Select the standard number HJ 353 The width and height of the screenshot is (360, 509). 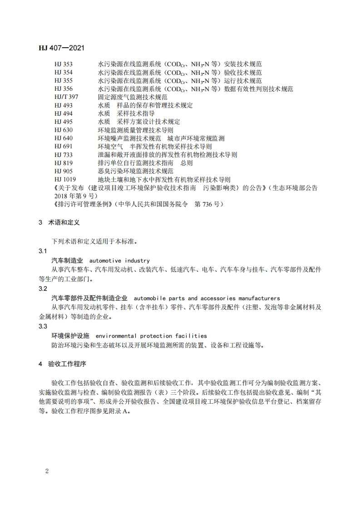[63, 64]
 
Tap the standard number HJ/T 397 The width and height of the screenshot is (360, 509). [66, 97]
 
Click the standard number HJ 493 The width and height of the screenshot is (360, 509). [63, 105]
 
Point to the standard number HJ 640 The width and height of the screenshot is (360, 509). [63, 138]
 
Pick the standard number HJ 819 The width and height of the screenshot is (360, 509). [63, 163]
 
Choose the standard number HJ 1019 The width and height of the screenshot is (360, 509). [65, 179]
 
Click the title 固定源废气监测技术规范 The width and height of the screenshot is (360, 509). [133, 97]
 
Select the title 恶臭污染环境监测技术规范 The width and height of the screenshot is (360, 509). [135, 171]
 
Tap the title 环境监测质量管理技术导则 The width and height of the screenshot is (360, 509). [135, 130]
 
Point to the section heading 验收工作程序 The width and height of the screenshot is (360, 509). [67, 364]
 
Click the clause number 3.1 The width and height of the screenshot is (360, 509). [43, 251]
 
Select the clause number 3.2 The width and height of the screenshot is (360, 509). [43, 289]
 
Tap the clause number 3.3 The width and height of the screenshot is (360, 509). [43, 326]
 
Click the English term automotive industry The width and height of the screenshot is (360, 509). [119, 261]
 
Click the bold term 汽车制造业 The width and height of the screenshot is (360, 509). [67, 261]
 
